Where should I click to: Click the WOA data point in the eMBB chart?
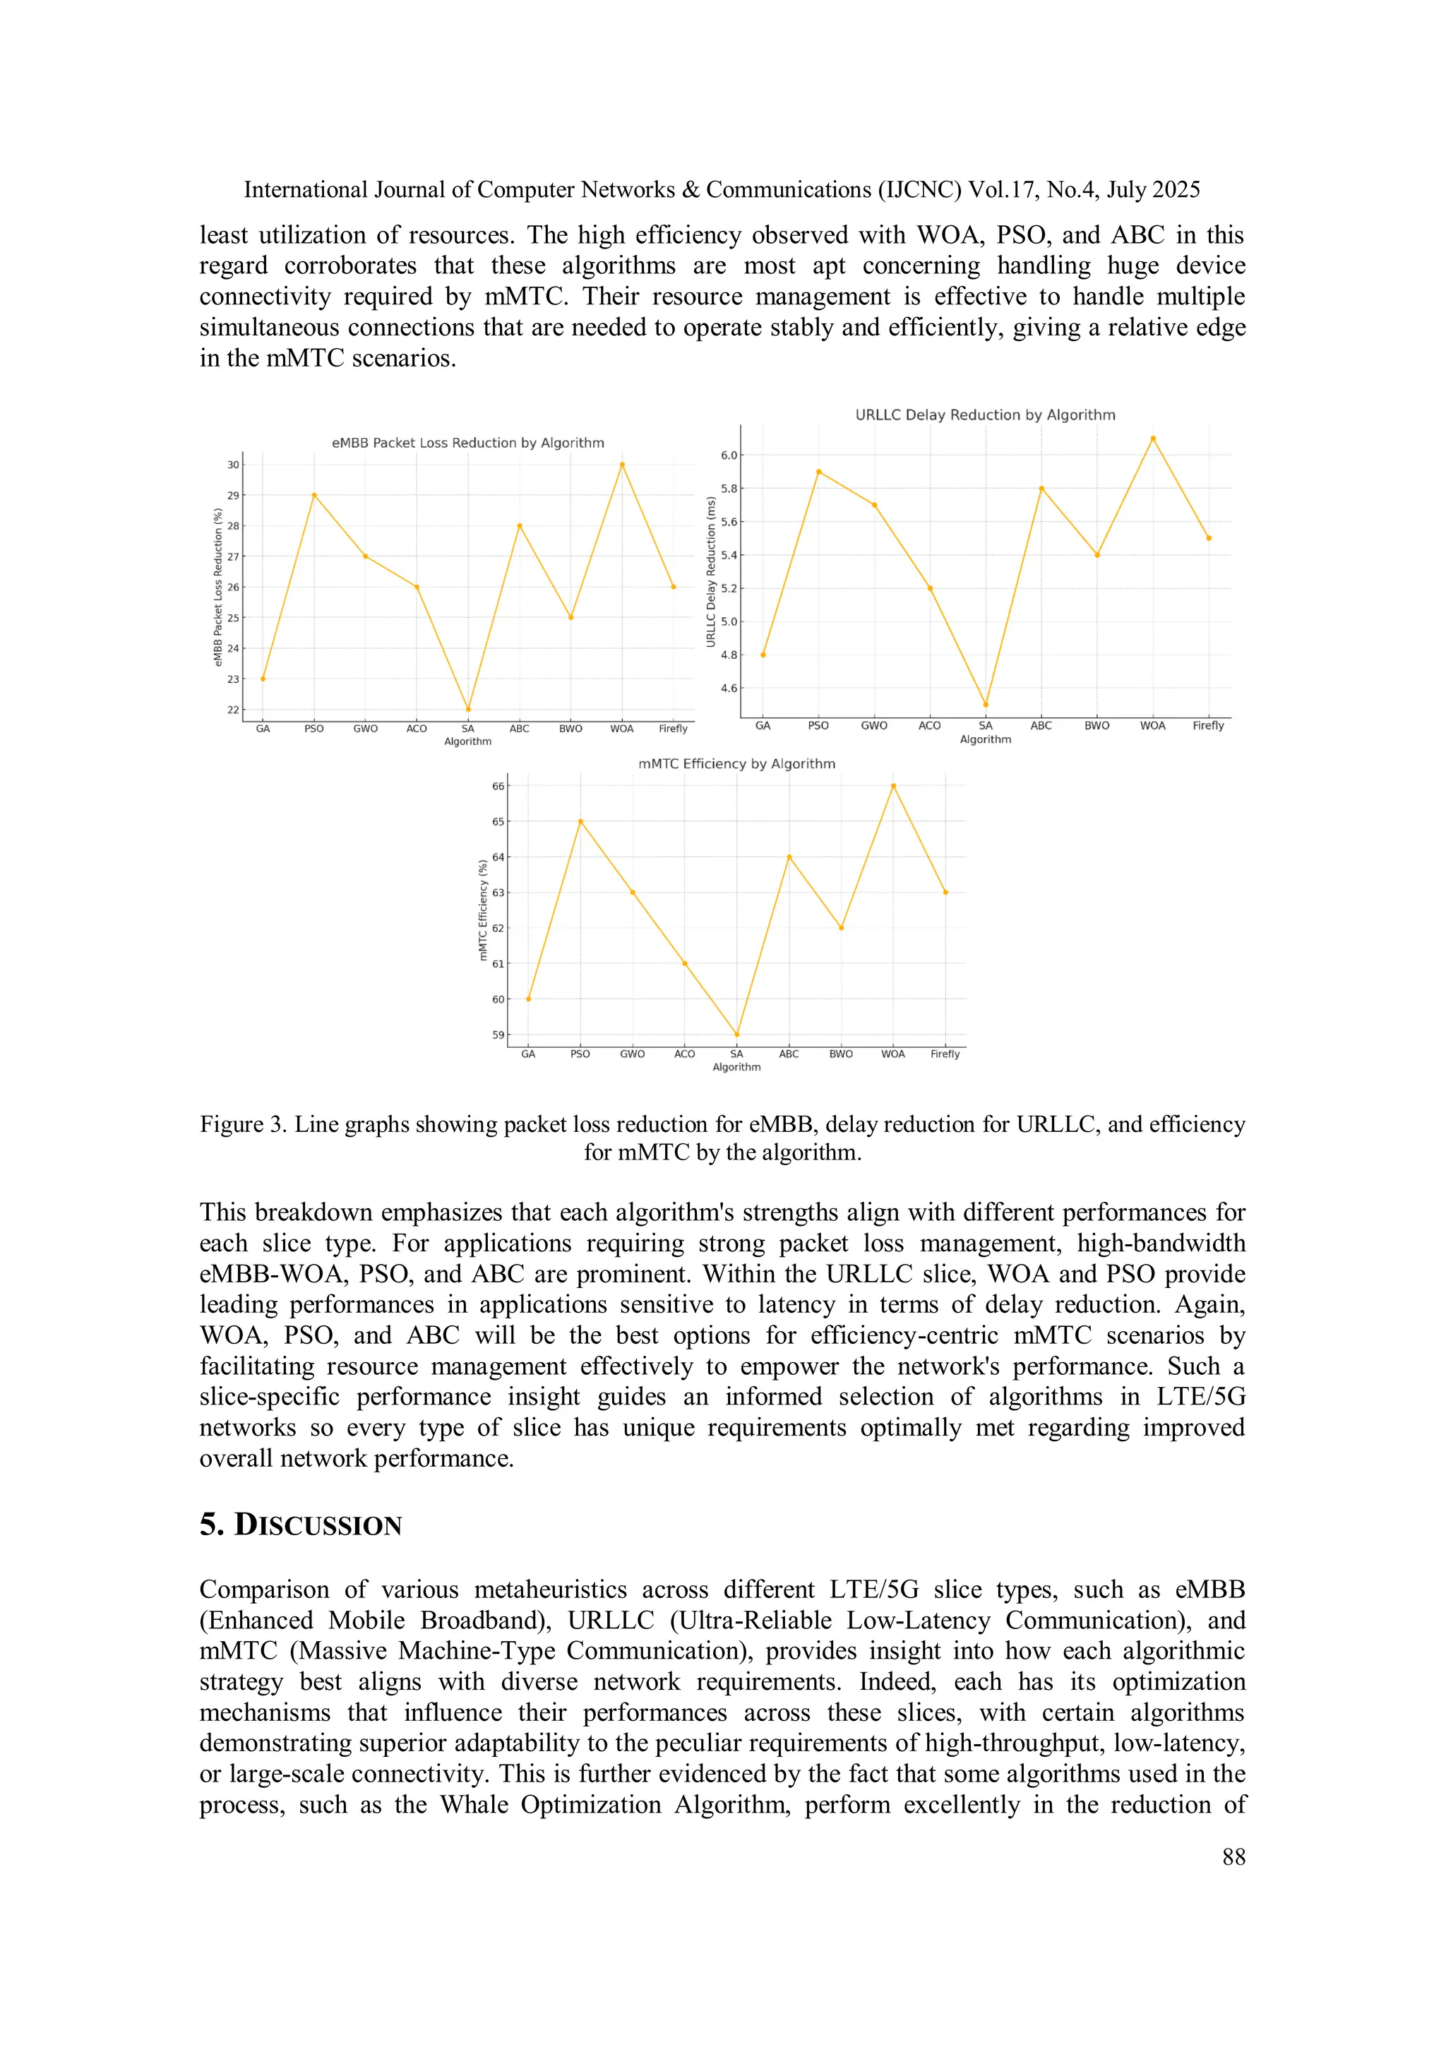[622, 465]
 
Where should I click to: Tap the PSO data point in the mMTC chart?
[580, 821]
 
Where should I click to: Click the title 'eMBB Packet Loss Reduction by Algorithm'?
[467, 443]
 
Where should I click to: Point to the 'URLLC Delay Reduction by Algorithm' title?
[985, 415]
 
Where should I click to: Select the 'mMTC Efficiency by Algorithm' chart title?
[736, 764]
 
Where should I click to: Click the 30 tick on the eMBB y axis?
[232, 465]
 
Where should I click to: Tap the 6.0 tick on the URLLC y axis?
[729, 455]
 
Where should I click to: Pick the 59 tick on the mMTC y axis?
[498, 1035]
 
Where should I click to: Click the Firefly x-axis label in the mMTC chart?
[945, 1054]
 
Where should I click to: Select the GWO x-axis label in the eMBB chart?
[365, 729]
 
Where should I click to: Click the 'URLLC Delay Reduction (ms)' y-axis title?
[710, 572]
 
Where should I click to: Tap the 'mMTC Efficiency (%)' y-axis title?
[483, 910]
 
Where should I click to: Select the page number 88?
[1233, 1857]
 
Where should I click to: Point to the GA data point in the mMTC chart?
[528, 999]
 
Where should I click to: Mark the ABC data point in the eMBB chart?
[519, 526]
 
